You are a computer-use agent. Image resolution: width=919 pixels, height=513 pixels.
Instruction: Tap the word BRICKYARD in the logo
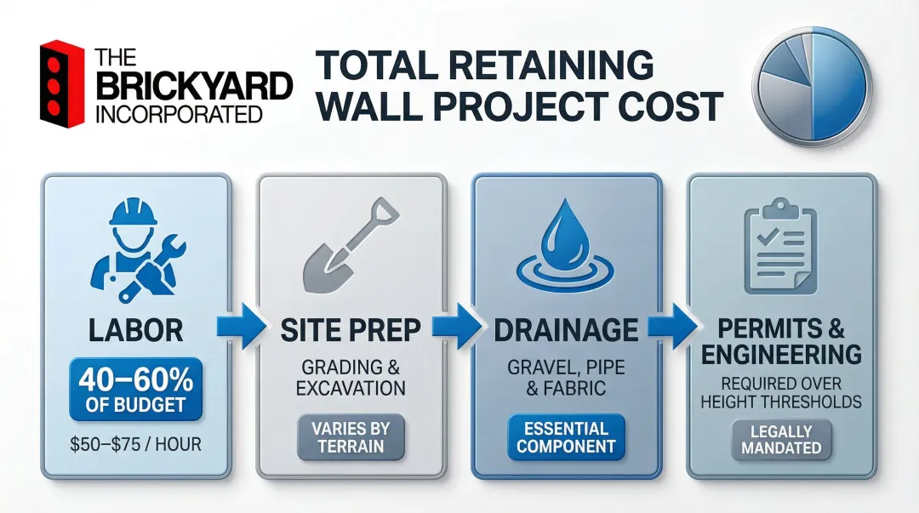[194, 87]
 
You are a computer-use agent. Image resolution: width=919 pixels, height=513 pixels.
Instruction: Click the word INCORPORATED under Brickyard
[179, 114]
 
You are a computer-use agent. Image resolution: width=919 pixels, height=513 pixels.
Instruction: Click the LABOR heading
[136, 330]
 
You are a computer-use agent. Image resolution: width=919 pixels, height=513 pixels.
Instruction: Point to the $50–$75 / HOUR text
[136, 444]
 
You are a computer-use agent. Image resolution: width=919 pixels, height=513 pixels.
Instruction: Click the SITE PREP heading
[351, 330]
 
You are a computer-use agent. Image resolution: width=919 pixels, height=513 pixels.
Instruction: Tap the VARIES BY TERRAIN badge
[351, 436]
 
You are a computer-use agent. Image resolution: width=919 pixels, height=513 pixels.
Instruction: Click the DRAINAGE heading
[565, 330]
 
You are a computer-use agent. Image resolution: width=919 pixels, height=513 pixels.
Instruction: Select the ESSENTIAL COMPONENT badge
[566, 437]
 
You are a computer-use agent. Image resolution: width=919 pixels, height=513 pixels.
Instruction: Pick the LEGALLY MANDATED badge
[780, 439]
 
